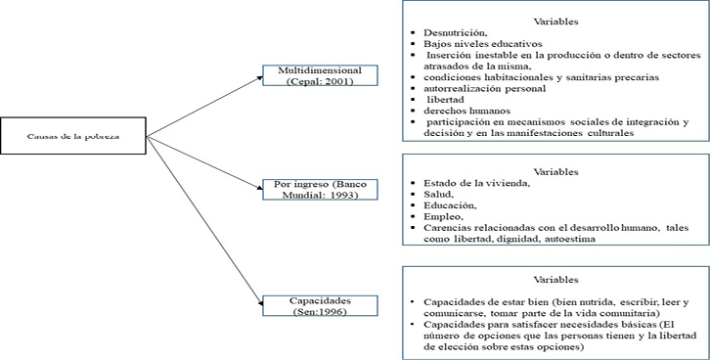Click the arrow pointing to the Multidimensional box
(205, 106)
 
